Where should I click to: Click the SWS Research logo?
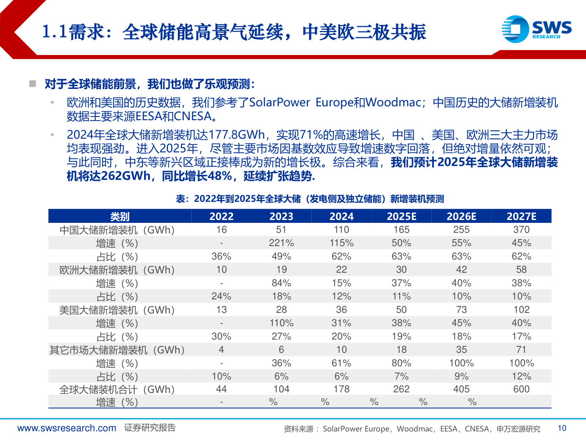[536, 29]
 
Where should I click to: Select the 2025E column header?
[401, 216]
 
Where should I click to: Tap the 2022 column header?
[221, 216]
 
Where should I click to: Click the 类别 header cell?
[120, 216]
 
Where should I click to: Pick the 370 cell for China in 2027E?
[521, 230]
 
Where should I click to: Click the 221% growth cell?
[281, 243]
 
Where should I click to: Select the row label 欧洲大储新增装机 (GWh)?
[117, 270]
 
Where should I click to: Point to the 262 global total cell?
[401, 389]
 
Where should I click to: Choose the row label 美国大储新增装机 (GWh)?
[117, 310]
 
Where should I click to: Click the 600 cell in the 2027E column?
[521, 389]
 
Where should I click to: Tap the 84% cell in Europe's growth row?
[281, 283]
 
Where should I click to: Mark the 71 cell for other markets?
[521, 350]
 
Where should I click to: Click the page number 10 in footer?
[562, 428]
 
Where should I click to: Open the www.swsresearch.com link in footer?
[67, 428]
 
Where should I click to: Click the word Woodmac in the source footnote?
[414, 429]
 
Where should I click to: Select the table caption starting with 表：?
[310, 199]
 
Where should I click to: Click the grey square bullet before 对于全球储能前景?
[33, 84]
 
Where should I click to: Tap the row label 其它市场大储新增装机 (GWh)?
[117, 350]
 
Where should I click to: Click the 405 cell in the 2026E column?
[461, 389]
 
